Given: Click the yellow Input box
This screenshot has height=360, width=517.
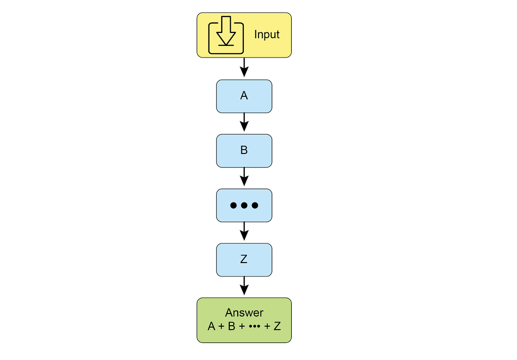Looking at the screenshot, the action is click(x=244, y=35).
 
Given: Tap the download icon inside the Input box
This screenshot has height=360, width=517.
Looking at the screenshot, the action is click(x=226, y=35).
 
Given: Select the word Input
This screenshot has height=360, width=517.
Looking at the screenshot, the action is click(x=267, y=35).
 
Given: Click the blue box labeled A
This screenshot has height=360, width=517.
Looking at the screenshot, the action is click(x=244, y=96).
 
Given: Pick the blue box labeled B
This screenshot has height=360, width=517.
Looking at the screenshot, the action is click(x=244, y=150).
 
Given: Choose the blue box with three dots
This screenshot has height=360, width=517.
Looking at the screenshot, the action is click(x=244, y=205).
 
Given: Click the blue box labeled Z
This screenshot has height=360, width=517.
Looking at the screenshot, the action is click(x=244, y=260).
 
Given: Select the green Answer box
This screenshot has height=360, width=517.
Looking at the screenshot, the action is click(x=244, y=320).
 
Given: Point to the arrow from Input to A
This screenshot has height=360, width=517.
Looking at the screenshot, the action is click(x=244, y=68).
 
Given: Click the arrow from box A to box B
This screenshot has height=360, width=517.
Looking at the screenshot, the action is click(x=244, y=122).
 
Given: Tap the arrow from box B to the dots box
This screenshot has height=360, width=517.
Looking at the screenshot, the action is click(x=244, y=177).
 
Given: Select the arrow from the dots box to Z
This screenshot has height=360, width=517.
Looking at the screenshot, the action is click(x=244, y=231).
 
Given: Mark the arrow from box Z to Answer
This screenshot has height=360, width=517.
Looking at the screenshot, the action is click(x=244, y=286).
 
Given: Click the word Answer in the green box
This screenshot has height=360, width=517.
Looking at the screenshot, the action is click(x=244, y=313).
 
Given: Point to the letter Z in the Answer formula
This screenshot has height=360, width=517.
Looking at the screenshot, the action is click(x=277, y=326).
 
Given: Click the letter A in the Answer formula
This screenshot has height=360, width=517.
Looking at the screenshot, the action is click(x=212, y=326).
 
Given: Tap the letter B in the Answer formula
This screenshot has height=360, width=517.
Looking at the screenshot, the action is click(x=231, y=326).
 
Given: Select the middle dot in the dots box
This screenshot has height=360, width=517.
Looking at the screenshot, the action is click(x=244, y=205).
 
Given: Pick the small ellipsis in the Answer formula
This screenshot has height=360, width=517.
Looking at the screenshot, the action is click(x=254, y=326).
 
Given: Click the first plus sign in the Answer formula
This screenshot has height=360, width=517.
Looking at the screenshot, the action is click(x=222, y=326).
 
